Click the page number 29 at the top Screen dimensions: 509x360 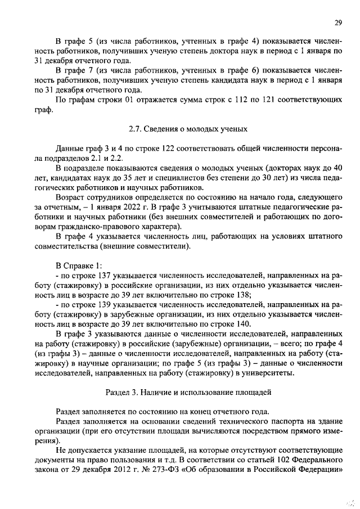point(337,22)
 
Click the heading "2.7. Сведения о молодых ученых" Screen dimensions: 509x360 point(188,129)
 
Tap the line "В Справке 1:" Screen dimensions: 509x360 point(80,265)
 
